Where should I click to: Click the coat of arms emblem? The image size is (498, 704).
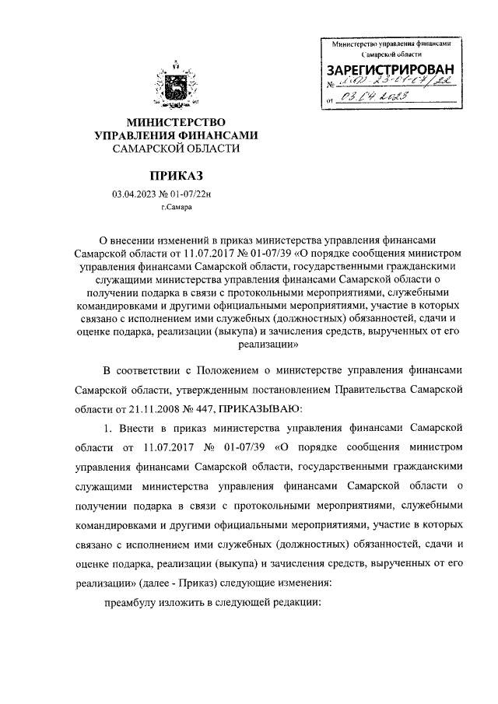[176, 86]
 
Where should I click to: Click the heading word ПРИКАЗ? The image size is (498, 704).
[176, 177]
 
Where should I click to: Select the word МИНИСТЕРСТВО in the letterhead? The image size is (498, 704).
[176, 122]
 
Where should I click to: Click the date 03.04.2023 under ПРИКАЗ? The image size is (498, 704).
[135, 194]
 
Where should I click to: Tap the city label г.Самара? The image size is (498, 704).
[175, 208]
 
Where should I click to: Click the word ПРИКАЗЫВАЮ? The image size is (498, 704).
[265, 408]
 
